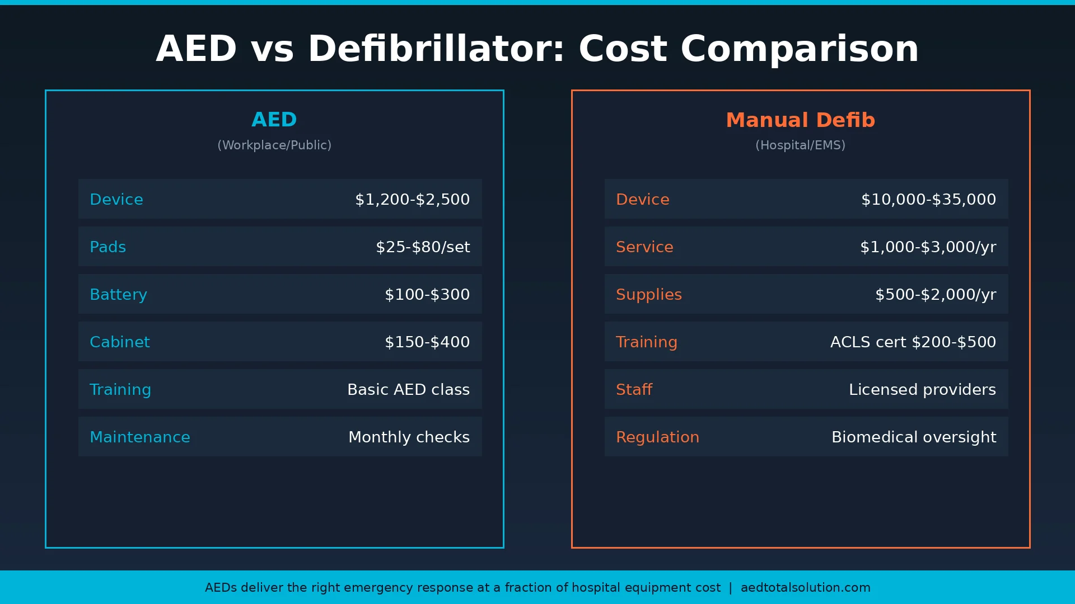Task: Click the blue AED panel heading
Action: [x=274, y=120]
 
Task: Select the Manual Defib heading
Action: [x=800, y=120]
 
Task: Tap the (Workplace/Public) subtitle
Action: [x=274, y=145]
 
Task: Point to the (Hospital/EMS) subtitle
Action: [x=800, y=145]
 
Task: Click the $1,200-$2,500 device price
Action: [x=412, y=200]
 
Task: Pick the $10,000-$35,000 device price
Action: [x=928, y=200]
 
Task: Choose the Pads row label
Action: [x=108, y=247]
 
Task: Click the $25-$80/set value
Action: [x=423, y=247]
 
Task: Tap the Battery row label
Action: [x=118, y=295]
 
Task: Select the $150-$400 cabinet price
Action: [x=427, y=342]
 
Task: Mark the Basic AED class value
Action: [x=408, y=390]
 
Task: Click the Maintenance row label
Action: [x=140, y=437]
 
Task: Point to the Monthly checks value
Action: [x=409, y=437]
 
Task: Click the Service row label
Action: [x=644, y=247]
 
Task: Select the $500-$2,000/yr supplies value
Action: [x=936, y=295]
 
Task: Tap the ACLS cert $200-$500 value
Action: [x=913, y=342]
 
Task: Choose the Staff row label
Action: [x=634, y=390]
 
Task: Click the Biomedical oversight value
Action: [x=914, y=437]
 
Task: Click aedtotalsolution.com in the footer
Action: [x=805, y=588]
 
